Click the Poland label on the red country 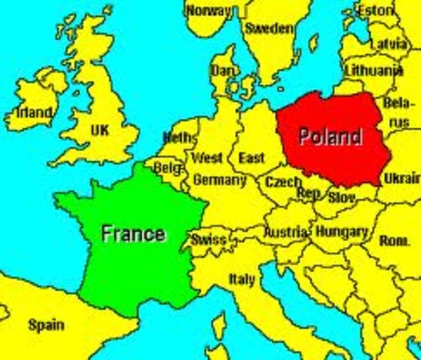click(329, 136)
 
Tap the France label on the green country click(133, 232)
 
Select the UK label click(100, 130)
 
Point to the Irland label click(34, 113)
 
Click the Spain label click(46, 325)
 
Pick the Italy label click(242, 279)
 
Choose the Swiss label click(209, 240)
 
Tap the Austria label click(285, 232)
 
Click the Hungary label click(341, 232)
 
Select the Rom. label click(395, 241)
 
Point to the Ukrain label click(401, 178)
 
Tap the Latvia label click(389, 44)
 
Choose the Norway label click(209, 10)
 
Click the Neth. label click(178, 137)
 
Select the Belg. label click(167, 169)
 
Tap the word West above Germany click(207, 158)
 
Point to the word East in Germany click(251, 158)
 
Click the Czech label click(283, 181)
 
